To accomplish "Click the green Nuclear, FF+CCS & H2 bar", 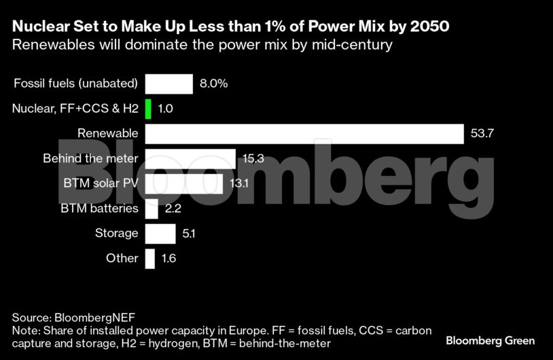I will (x=148, y=109).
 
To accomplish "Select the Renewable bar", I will (x=304, y=134).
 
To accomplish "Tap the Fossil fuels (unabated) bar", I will (x=169, y=84).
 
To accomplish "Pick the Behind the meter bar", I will (x=190, y=159).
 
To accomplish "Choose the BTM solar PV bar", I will (x=184, y=183).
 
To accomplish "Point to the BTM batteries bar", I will (x=151, y=209).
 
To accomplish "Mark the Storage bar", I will (x=160, y=234).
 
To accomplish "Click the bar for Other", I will (x=150, y=258).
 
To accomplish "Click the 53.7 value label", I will (x=482, y=134).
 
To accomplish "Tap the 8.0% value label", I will (x=213, y=84).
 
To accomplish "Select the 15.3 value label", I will (x=253, y=159).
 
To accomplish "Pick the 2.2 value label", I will (x=173, y=209).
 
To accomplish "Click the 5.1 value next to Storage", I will (x=190, y=234).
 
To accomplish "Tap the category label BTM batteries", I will (x=100, y=209).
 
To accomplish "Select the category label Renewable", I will (x=108, y=134).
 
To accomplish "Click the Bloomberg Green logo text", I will (x=490, y=340).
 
